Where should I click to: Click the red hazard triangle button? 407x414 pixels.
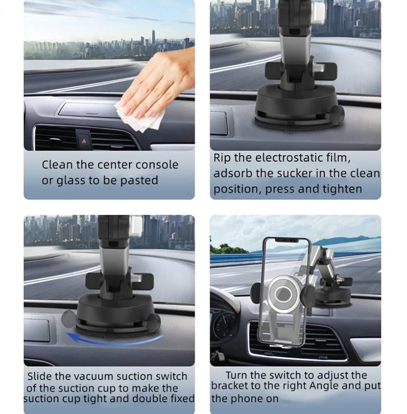coord(84,141)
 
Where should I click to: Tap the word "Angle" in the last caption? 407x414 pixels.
coord(324,386)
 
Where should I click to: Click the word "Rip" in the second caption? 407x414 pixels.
coord(222,158)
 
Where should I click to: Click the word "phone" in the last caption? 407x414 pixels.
coord(263,399)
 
